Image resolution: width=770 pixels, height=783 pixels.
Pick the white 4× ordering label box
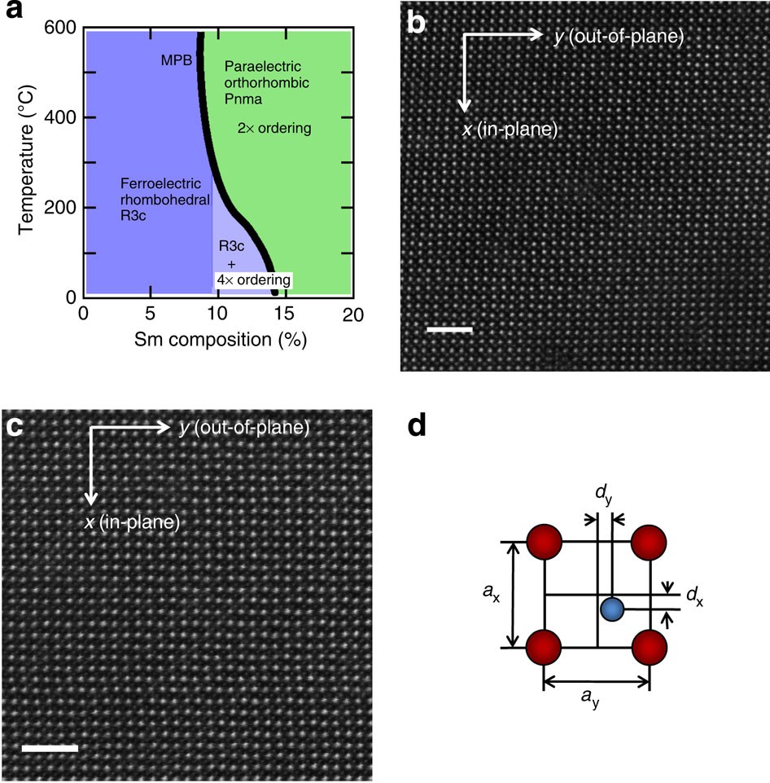[253, 279]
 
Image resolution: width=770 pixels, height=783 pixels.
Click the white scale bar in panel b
[449, 330]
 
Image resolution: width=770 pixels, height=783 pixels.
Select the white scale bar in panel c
[50, 747]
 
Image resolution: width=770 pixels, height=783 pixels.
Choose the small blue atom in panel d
[612, 609]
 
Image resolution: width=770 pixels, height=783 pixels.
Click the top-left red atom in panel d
[544, 540]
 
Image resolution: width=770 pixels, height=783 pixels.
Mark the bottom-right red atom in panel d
[650, 649]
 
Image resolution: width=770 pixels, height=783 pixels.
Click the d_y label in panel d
[603, 495]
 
